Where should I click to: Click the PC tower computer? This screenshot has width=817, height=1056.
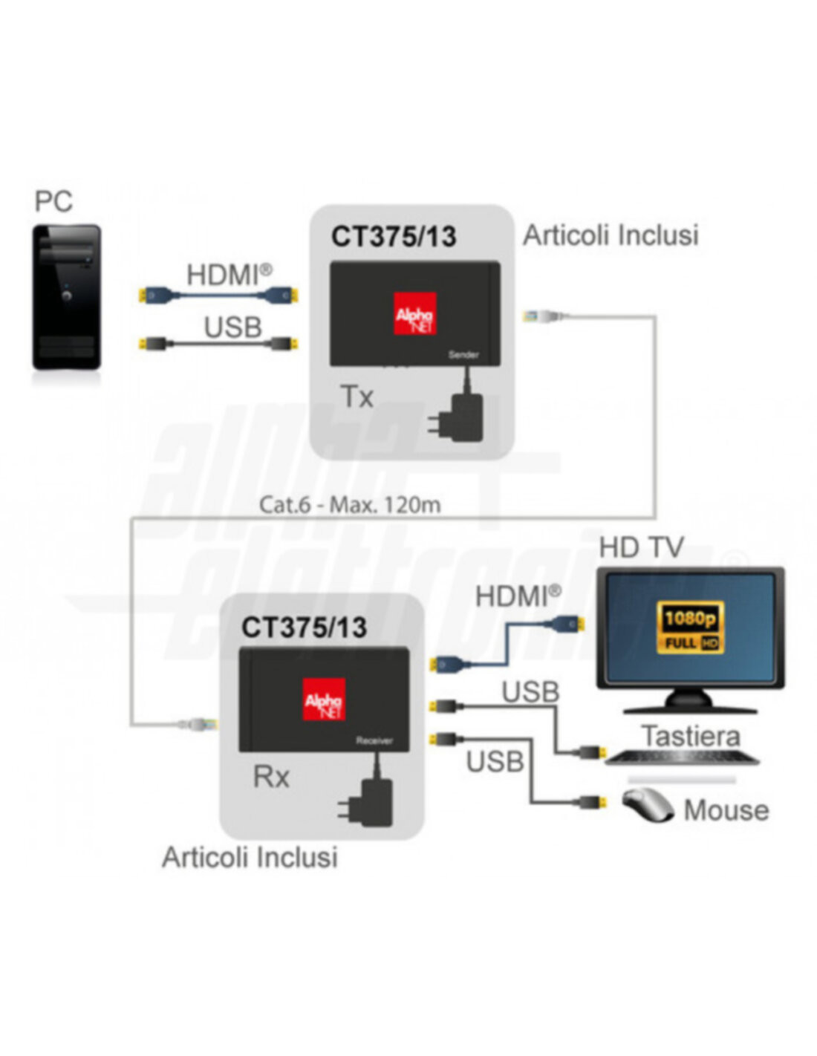click(x=66, y=297)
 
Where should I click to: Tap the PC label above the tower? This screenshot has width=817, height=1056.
click(x=53, y=201)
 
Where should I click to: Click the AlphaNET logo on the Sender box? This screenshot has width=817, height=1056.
click(x=415, y=313)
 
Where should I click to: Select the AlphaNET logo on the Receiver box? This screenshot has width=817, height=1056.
click(x=324, y=700)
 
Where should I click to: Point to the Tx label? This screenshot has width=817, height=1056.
click(x=357, y=397)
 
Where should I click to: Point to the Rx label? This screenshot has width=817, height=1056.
click(x=271, y=777)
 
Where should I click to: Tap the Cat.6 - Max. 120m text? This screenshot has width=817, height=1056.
click(x=350, y=505)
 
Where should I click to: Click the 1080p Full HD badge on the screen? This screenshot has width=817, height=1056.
click(x=691, y=628)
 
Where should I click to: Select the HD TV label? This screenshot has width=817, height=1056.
click(x=641, y=547)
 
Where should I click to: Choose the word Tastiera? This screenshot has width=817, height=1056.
click(x=691, y=736)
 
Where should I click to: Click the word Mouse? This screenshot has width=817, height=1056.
click(x=726, y=810)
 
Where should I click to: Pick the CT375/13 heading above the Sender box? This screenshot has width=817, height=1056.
click(x=394, y=237)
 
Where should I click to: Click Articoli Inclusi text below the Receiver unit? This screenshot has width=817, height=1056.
click(x=250, y=857)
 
